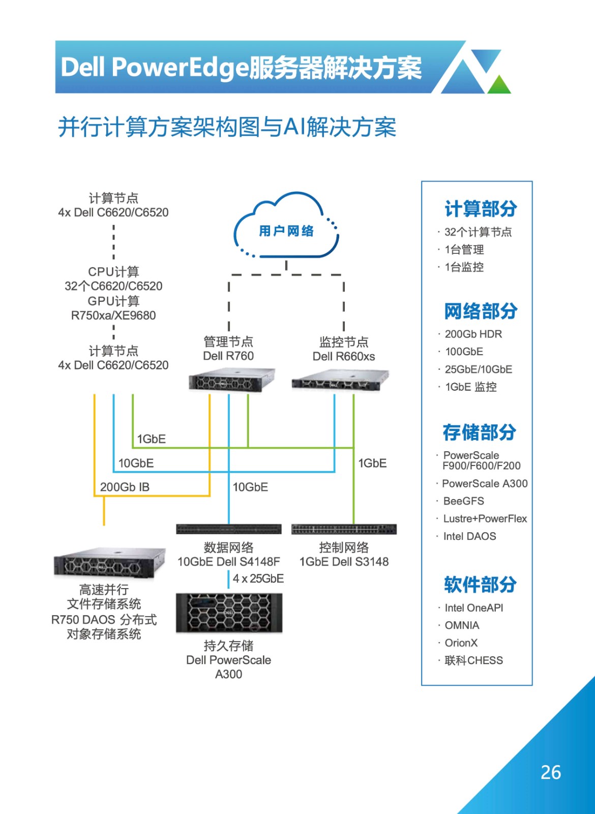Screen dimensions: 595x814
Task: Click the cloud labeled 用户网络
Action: click(286, 225)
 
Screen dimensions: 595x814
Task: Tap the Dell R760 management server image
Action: click(232, 380)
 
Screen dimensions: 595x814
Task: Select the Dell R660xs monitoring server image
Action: click(340, 381)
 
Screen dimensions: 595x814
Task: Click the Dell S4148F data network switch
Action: click(229, 529)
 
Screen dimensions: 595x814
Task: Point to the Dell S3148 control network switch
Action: click(344, 529)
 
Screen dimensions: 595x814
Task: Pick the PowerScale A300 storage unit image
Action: click(229, 613)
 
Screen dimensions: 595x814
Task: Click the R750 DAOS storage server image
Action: click(109, 563)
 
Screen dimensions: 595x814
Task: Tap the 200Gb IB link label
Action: click(125, 487)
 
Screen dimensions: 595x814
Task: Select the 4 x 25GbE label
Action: click(258, 578)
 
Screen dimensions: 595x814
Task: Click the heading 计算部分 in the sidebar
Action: click(481, 209)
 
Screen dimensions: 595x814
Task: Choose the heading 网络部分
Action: click(481, 311)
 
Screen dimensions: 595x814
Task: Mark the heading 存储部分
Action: click(480, 432)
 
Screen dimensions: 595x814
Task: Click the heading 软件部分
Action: click(480, 585)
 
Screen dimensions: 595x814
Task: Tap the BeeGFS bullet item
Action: click(463, 501)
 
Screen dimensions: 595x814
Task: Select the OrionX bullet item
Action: click(461, 643)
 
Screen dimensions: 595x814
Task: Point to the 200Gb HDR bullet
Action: click(473, 334)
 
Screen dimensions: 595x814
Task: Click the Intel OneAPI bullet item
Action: click(473, 607)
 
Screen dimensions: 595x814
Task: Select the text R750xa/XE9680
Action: click(113, 315)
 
